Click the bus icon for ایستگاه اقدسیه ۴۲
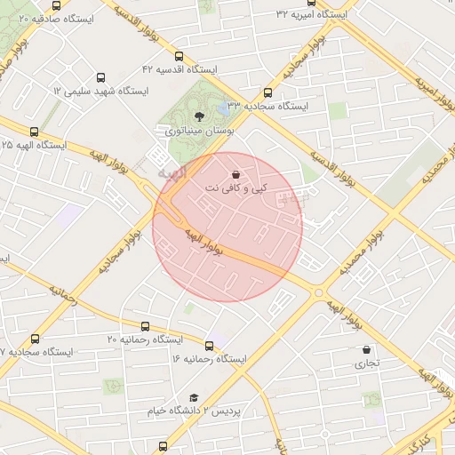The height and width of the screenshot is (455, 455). [x=180, y=55]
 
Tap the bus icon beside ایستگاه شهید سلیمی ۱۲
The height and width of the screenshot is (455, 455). [x=99, y=77]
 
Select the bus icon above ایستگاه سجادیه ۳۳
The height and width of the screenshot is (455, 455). [x=267, y=92]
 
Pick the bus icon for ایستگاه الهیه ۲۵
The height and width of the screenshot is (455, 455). [x=13, y=131]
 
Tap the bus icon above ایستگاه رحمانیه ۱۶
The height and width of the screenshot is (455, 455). [x=210, y=346]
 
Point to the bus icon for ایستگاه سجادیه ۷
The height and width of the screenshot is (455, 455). [x=35, y=339]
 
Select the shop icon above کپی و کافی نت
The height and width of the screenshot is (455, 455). [x=235, y=174]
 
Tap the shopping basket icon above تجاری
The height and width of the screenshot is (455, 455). [x=367, y=349]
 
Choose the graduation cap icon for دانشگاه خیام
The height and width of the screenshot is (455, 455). [x=194, y=398]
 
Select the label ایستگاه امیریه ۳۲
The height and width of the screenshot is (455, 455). [x=312, y=14]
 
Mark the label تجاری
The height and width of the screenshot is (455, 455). [x=367, y=363]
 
